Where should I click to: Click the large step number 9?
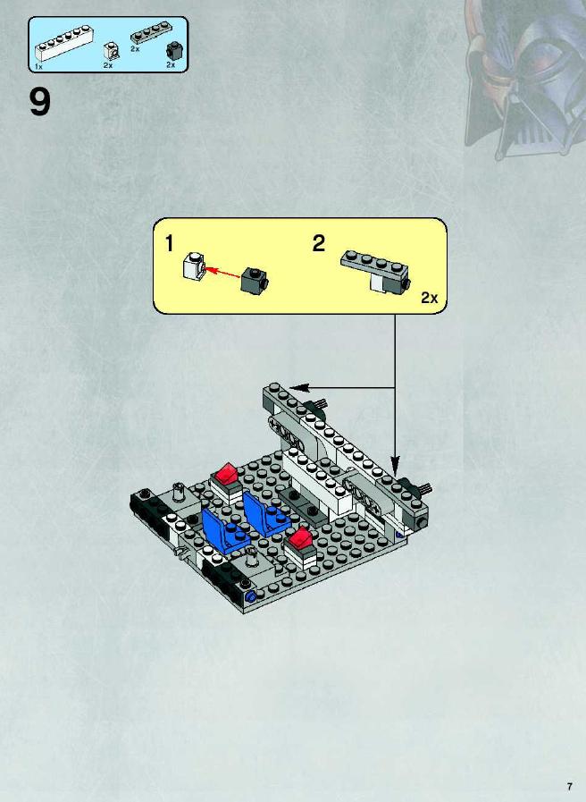tap(40, 102)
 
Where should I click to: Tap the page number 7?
tap(569, 786)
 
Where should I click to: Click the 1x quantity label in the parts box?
tap(38, 66)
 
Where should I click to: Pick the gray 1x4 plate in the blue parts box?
tap(151, 33)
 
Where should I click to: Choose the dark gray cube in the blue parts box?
tap(174, 51)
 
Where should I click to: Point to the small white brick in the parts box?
tap(112, 51)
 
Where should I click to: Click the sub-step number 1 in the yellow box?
tap(170, 243)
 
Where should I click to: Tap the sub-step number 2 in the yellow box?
tap(319, 243)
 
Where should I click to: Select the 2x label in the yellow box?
tap(429, 298)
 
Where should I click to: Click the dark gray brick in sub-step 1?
tap(255, 280)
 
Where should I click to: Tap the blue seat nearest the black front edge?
tap(224, 530)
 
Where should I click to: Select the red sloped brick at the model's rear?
tap(226, 474)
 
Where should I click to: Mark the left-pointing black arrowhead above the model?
tap(299, 387)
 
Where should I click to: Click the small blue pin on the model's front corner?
tap(250, 596)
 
